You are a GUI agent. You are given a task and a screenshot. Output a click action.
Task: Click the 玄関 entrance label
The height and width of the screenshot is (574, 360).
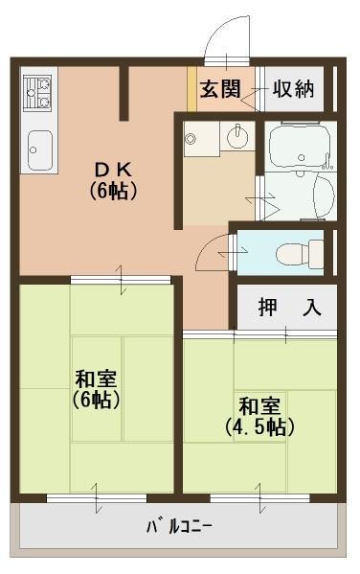pyautogui.click(x=220, y=89)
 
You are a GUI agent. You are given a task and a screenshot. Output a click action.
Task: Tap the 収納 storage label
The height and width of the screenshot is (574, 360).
pyautogui.click(x=293, y=89)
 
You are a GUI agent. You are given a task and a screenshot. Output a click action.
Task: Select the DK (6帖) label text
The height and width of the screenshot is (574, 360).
pyautogui.click(x=114, y=179)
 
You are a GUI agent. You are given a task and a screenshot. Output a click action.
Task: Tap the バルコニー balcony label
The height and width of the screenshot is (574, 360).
pyautogui.click(x=179, y=526)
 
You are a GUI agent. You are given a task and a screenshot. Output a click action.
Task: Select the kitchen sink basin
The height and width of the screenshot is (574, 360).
pyautogui.click(x=40, y=149)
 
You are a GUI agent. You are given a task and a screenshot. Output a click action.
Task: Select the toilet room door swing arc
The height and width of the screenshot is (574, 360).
pyautogui.click(x=211, y=251)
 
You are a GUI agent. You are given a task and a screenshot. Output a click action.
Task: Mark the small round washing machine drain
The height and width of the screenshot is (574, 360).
pyautogui.click(x=191, y=140)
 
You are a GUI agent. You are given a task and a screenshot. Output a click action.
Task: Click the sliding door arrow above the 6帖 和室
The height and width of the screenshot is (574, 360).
pyautogui.click(x=122, y=280)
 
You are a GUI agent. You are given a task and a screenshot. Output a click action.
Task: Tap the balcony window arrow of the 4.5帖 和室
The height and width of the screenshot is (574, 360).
pyautogui.click(x=259, y=497)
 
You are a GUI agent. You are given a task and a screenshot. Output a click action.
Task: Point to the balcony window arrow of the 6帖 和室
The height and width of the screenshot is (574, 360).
pyautogui.click(x=96, y=497)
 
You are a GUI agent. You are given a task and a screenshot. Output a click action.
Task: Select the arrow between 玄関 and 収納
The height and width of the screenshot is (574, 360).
pyautogui.click(x=256, y=90)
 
